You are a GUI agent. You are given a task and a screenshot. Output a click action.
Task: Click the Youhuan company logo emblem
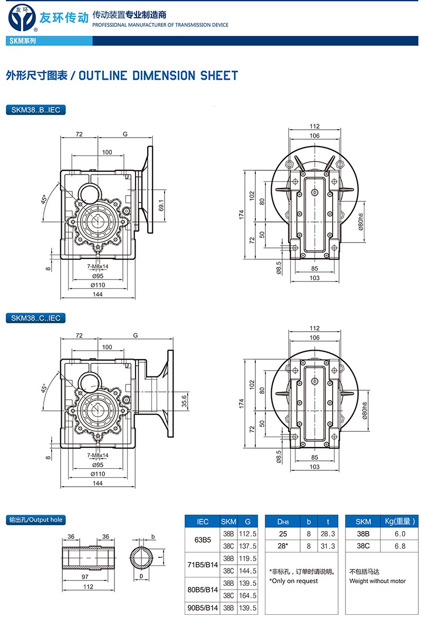point(22,18)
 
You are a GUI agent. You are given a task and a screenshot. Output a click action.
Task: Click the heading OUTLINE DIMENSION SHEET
point(158,76)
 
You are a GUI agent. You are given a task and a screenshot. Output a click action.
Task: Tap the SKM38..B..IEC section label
point(35,110)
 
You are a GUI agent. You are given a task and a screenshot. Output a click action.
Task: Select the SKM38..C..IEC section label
point(35,318)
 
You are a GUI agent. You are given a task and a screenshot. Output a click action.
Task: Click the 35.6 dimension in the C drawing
point(184,401)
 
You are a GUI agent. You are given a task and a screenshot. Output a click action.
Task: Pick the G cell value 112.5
point(248,534)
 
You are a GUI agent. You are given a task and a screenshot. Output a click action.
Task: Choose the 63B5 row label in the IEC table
point(203,540)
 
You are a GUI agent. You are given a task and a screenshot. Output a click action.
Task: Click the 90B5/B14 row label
point(203,608)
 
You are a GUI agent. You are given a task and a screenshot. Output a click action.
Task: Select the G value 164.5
point(248,595)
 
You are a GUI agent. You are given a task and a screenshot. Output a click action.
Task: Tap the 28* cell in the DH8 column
point(282,546)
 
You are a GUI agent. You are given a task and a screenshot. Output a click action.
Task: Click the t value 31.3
point(328,546)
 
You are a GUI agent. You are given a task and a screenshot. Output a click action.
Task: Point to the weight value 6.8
point(400,546)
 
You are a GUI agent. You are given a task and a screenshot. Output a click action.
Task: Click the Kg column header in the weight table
point(399,521)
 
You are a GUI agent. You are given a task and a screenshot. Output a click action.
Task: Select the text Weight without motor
point(378,581)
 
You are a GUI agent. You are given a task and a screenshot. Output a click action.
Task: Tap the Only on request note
point(294,581)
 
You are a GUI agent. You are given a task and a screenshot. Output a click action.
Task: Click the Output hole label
point(36,520)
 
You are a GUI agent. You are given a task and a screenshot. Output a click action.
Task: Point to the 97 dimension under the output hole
point(85,577)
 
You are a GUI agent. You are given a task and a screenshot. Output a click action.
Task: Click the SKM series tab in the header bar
point(23,41)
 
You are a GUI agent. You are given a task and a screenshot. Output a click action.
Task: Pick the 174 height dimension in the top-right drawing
point(242,215)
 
